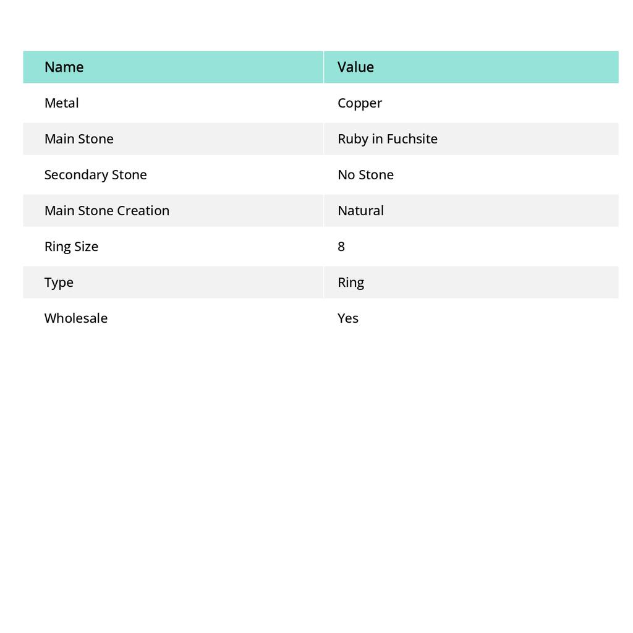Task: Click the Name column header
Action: tap(64, 67)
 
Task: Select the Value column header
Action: tap(355, 67)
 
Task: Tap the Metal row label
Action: tap(61, 103)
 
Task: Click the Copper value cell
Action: tap(360, 103)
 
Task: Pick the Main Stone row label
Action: tap(79, 138)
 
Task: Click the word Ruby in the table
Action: tap(352, 139)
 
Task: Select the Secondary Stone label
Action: tap(95, 174)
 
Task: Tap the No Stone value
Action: tap(365, 174)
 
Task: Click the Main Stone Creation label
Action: tap(106, 210)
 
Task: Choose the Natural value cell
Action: tap(360, 210)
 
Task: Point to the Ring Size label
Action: tap(71, 246)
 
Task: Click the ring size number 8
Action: tap(341, 246)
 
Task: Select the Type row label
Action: tap(59, 283)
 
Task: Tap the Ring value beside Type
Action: tap(350, 283)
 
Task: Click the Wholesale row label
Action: tap(75, 318)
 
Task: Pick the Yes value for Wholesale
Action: tap(348, 318)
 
